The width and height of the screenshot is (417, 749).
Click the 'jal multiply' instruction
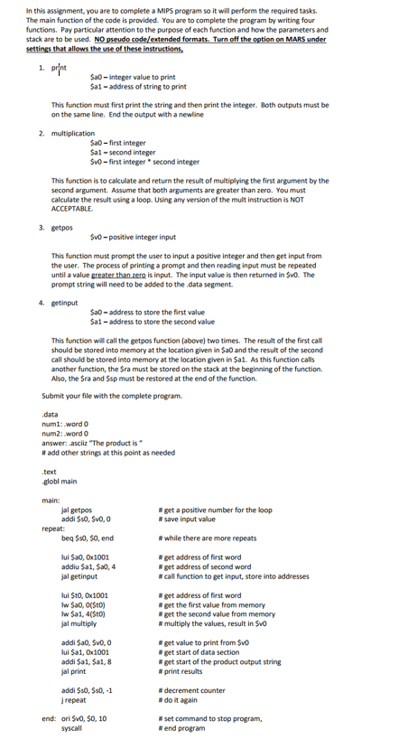[79, 622]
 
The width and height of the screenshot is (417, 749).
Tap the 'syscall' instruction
[73, 726]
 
